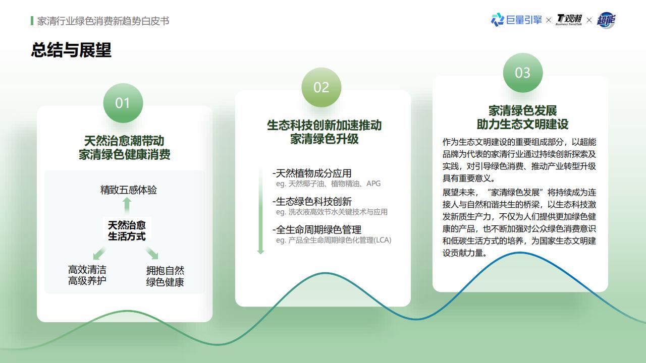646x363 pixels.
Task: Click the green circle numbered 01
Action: click(x=123, y=103)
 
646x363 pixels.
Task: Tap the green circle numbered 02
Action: click(x=321, y=87)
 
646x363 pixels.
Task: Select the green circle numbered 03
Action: click(x=522, y=73)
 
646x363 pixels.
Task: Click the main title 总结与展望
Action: click(x=71, y=50)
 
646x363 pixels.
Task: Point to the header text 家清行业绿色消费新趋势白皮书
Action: click(x=103, y=21)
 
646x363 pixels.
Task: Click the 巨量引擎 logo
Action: click(x=516, y=20)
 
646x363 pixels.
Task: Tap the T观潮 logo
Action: click(x=569, y=20)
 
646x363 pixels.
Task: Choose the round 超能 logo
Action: click(x=606, y=20)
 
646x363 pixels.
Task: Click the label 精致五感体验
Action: click(x=128, y=190)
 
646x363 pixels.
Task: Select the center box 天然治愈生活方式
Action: click(x=127, y=230)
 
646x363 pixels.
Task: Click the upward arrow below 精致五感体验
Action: click(x=127, y=205)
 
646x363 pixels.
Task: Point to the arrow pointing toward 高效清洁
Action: click(x=99, y=253)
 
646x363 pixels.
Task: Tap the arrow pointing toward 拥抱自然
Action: click(x=152, y=253)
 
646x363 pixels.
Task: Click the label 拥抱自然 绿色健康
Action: click(x=165, y=276)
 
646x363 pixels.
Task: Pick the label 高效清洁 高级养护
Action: click(x=87, y=275)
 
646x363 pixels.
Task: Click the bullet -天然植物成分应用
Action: click(x=312, y=173)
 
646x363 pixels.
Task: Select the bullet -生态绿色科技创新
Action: click(x=312, y=201)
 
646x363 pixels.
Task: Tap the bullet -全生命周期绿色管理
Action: click(x=316, y=229)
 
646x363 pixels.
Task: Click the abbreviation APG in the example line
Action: click(x=373, y=184)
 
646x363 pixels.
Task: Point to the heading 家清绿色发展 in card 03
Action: click(x=522, y=110)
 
